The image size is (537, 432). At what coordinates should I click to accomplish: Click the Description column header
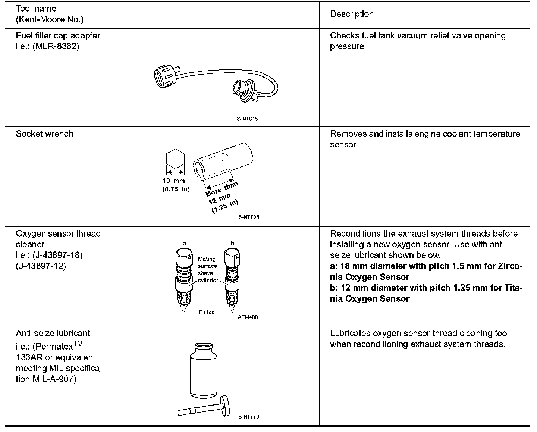coord(352,14)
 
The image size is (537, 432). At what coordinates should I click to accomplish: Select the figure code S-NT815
coord(247,119)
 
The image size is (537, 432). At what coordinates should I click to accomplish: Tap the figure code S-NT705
coord(248,217)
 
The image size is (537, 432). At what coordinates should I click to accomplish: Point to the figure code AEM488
coord(248,317)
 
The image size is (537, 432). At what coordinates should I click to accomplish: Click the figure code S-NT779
coord(248,417)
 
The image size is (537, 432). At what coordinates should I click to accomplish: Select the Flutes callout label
coord(207,313)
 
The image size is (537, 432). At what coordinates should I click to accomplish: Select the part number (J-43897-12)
coord(41,266)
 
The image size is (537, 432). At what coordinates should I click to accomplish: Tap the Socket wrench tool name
coord(44,134)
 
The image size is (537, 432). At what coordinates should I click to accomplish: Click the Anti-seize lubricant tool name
coord(53,333)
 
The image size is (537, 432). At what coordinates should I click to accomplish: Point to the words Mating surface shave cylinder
coord(208,269)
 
